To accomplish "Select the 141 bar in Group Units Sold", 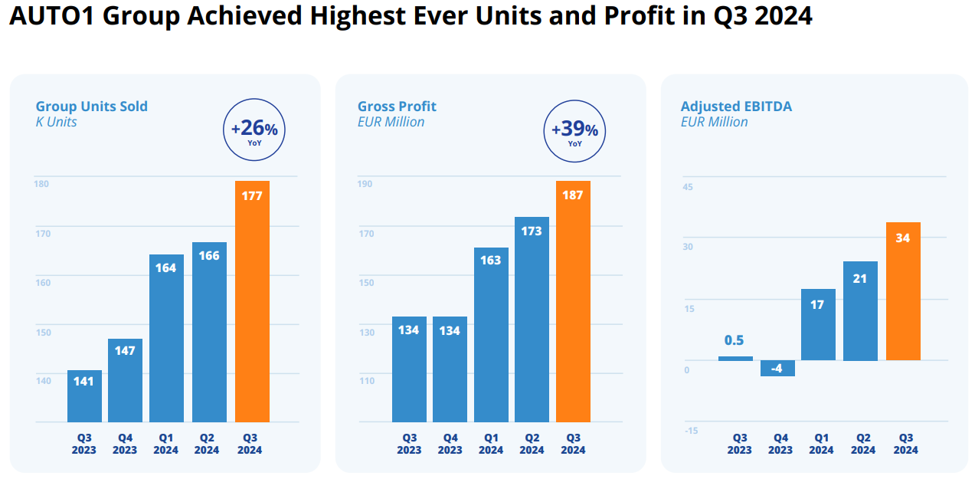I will pos(84,396).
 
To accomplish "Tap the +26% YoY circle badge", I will pos(254,130).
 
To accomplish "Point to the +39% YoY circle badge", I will pos(574,130).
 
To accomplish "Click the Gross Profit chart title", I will pos(397,107).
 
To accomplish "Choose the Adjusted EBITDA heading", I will pos(736,107).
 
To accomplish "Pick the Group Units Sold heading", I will pos(92,107).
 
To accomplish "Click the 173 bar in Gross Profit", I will pos(532,320).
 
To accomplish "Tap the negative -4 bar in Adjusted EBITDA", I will pos(777,368).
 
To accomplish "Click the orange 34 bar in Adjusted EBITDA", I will pos(903,291).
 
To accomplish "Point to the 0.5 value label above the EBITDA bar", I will pos(735,341).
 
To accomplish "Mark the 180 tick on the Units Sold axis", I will pos(42,183).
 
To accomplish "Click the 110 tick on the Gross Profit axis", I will pos(366,381).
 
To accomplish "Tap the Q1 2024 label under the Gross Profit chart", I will pos(491,445).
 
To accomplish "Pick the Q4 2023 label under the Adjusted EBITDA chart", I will pos(780,445).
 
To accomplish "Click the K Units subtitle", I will pos(57,122).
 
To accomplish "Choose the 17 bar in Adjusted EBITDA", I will pos(818,325).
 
